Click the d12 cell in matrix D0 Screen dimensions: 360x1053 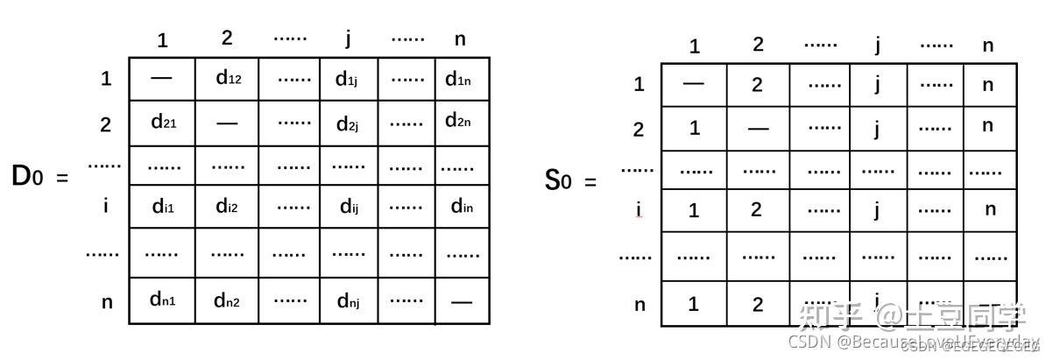pyautogui.click(x=228, y=78)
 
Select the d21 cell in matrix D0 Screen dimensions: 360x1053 pyautogui.click(x=162, y=123)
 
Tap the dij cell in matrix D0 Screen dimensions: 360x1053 pyautogui.click(x=349, y=208)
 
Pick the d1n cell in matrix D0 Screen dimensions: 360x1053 pyautogui.click(x=458, y=80)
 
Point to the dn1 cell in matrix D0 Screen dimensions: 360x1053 pyautogui.click(x=162, y=300)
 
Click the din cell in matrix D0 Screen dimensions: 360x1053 pyautogui.click(x=462, y=208)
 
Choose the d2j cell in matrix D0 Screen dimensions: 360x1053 pyautogui.click(x=349, y=124)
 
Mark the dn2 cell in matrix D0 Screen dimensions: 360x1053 pyautogui.click(x=227, y=301)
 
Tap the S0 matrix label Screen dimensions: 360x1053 pyautogui.click(x=559, y=181)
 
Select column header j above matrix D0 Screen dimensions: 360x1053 pyautogui.click(x=348, y=39)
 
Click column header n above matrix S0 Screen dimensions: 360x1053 pyautogui.click(x=988, y=46)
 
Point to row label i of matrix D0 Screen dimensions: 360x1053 pyautogui.click(x=106, y=206)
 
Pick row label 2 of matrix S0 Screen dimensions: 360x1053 pyautogui.click(x=639, y=130)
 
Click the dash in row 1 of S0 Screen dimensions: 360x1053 pyautogui.click(x=693, y=84)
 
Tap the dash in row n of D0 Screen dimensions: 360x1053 pyautogui.click(x=462, y=301)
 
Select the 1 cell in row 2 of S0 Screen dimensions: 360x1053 pyautogui.click(x=694, y=128)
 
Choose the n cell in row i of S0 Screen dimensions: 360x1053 pyautogui.click(x=990, y=209)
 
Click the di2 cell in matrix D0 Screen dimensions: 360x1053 pyautogui.click(x=227, y=208)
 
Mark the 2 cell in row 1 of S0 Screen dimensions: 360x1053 pyautogui.click(x=758, y=84)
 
